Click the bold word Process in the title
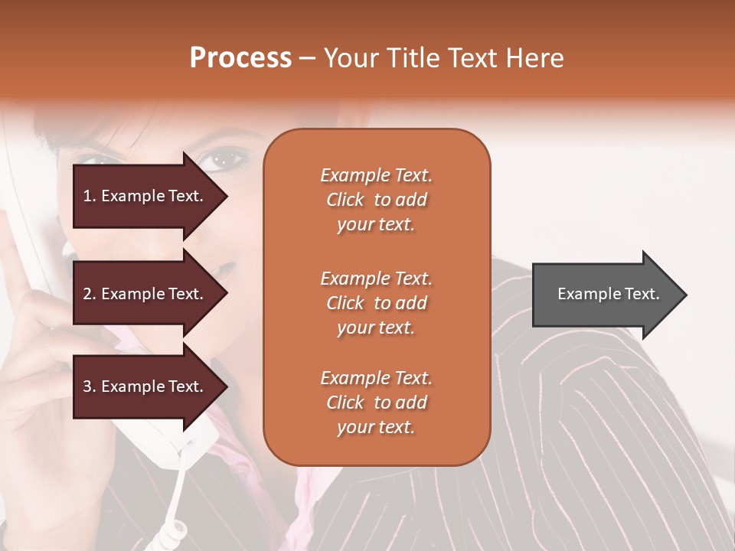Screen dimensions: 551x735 coord(240,58)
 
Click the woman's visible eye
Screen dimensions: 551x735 coord(222,160)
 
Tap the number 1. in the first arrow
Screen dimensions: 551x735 coord(90,196)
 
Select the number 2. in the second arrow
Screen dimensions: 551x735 coord(90,294)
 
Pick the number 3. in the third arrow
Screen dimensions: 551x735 coord(90,386)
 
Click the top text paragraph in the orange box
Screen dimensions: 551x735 coord(376,200)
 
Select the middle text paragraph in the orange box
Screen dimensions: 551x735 coord(376,303)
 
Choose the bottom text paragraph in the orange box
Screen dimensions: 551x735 coord(376,403)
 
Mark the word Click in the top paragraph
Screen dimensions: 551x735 coord(345,200)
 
